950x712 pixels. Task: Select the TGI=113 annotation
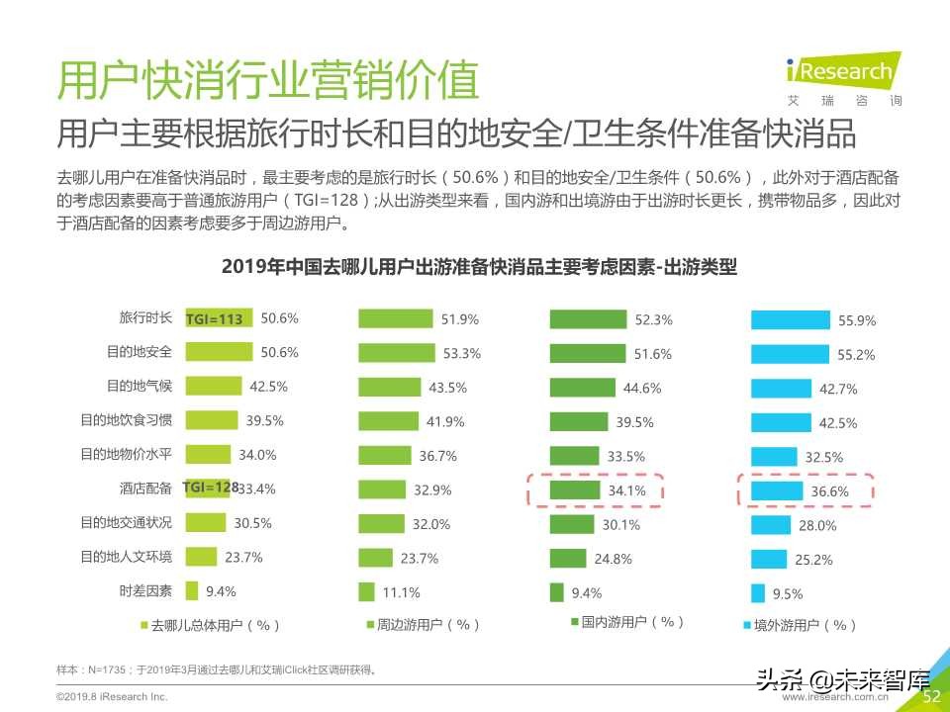pos(215,319)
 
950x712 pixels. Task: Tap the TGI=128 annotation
pos(212,488)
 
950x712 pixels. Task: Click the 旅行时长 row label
pos(145,318)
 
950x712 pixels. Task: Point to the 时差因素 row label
pos(145,591)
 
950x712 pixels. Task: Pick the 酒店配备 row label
pos(145,489)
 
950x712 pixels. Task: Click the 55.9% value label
pos(857,320)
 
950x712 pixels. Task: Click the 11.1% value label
pos(401,592)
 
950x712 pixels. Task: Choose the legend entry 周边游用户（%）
pos(422,625)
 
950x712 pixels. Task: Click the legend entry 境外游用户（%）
pos(799,625)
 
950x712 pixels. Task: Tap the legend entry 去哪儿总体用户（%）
pos(210,625)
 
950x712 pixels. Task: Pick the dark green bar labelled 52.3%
pos(588,319)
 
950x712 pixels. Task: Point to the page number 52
pos(931,696)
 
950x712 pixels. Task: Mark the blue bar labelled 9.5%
pos(758,593)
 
